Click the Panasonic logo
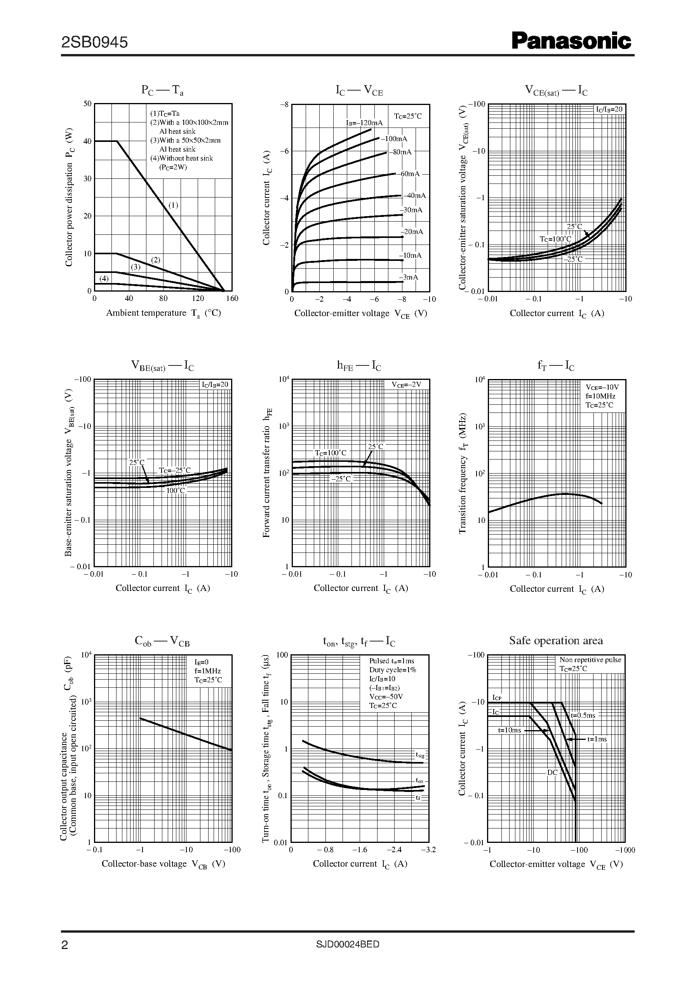click(571, 42)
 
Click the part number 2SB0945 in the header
click(94, 42)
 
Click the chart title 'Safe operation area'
click(556, 640)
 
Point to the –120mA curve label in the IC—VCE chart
click(364, 123)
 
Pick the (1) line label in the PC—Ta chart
click(173, 205)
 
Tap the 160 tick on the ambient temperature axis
click(232, 299)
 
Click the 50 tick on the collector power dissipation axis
click(87, 104)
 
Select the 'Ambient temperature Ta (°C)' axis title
click(163, 313)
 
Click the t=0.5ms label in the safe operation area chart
click(583, 715)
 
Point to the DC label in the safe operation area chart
click(552, 773)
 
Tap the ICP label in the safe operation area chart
click(497, 697)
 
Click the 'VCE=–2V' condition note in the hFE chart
click(406, 385)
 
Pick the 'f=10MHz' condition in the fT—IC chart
click(600, 396)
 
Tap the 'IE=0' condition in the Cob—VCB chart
click(202, 662)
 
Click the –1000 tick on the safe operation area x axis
click(626, 850)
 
